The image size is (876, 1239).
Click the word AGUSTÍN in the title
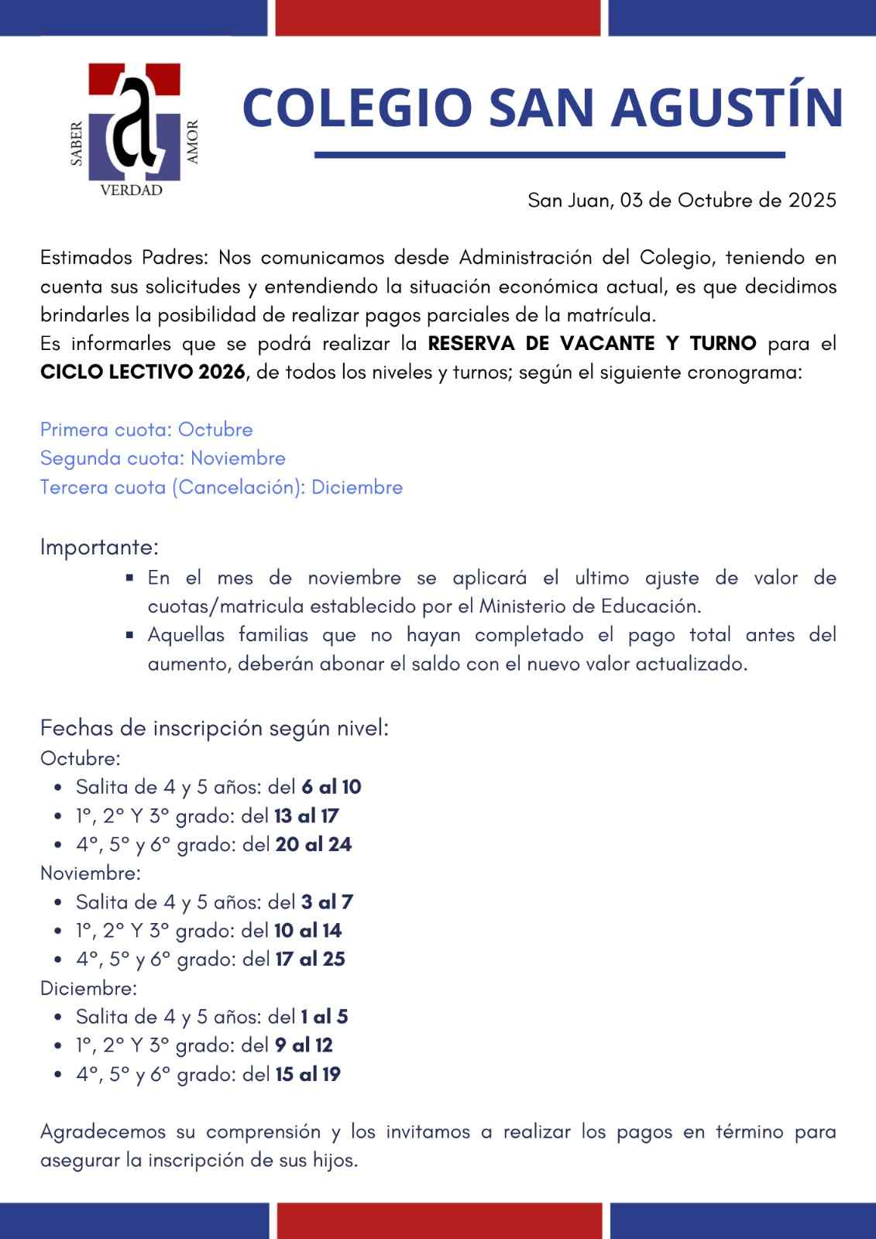coord(727,108)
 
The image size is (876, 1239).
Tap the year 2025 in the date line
coord(812,201)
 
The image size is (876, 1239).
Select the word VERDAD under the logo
coord(132,190)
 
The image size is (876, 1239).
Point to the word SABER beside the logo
coord(77,143)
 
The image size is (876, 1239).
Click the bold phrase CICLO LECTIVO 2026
coord(143,372)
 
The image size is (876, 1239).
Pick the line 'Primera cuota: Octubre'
coord(146,430)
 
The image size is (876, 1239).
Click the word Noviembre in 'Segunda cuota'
coord(238,458)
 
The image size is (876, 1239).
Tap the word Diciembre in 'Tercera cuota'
coord(357,487)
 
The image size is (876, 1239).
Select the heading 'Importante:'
coord(99,547)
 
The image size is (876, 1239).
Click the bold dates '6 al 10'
coord(332,788)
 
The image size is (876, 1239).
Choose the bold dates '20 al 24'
coord(314,845)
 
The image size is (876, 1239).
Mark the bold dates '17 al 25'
coord(311,959)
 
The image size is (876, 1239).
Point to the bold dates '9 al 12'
coord(304,1045)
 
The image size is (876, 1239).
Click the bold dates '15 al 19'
coord(308,1075)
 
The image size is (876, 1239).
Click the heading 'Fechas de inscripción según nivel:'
coord(215,729)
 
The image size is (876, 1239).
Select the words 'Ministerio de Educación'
coord(589,606)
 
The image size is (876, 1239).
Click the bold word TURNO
coord(723,343)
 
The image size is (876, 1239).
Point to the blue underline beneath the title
coord(549,155)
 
